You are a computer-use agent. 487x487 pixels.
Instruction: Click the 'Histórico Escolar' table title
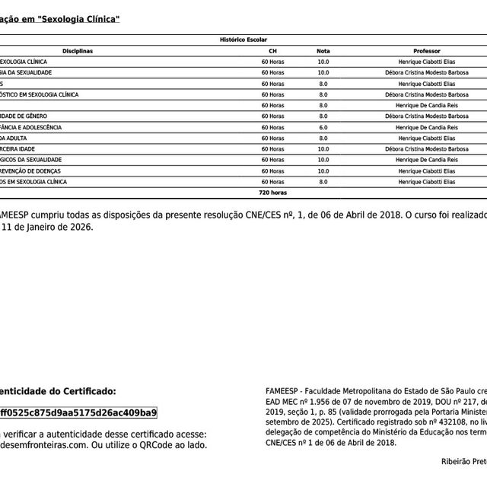pyautogui.click(x=243, y=39)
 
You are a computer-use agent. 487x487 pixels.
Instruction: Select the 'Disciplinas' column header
pyautogui.click(x=77, y=50)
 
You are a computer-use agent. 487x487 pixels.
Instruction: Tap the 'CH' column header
pyautogui.click(x=272, y=50)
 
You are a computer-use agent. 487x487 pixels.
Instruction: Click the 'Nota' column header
pyautogui.click(x=323, y=50)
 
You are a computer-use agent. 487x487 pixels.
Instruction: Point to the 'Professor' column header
pyautogui.click(x=426, y=50)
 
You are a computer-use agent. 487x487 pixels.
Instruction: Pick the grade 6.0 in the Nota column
pyautogui.click(x=323, y=127)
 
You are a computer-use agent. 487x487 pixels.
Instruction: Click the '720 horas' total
pyautogui.click(x=272, y=193)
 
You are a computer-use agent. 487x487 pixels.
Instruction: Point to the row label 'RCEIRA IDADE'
pyautogui.click(x=24, y=149)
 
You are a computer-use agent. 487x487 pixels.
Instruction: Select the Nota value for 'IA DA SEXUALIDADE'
pyautogui.click(x=323, y=72)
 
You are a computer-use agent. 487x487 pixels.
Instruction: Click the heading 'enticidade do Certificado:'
pyautogui.click(x=58, y=391)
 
